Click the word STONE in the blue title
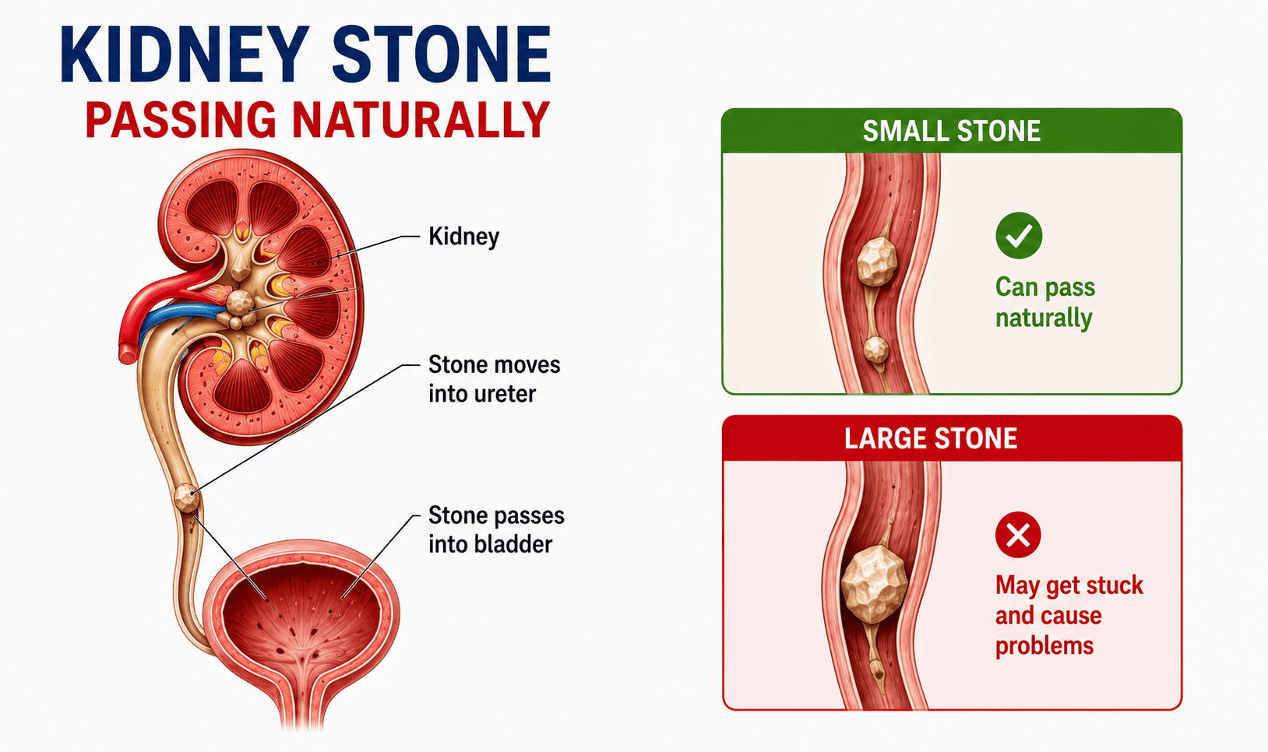coord(441,55)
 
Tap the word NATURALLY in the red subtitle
coord(421,120)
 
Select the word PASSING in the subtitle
coord(181,120)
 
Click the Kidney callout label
coord(463,237)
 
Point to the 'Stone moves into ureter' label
coord(494,379)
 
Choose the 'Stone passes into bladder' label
coord(496,529)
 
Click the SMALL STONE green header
coord(952,132)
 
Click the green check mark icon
coord(1019,235)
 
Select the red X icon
coord(1018,535)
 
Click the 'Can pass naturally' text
coord(1045,302)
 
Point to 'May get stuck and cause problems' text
coord(1069,615)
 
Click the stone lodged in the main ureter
coord(187,498)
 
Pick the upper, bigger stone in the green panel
coord(877,261)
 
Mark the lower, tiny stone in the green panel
coord(875,349)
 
